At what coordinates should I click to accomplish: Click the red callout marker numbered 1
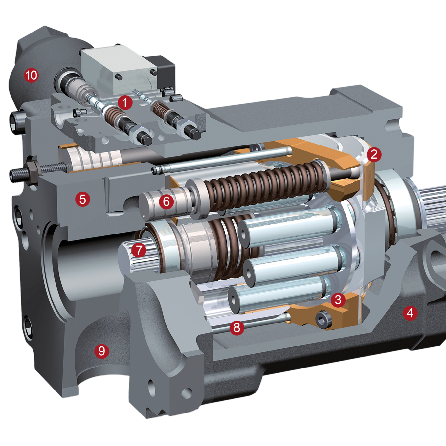click(125, 103)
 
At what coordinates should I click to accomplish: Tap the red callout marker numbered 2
click(374, 155)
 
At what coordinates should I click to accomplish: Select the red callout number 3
click(338, 300)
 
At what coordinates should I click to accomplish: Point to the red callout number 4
click(410, 313)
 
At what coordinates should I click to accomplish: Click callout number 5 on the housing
click(83, 199)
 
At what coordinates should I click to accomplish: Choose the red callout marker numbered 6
click(167, 202)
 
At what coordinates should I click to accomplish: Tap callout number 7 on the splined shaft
click(139, 250)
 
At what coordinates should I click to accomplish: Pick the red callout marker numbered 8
click(237, 327)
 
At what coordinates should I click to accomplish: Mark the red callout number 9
click(102, 351)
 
